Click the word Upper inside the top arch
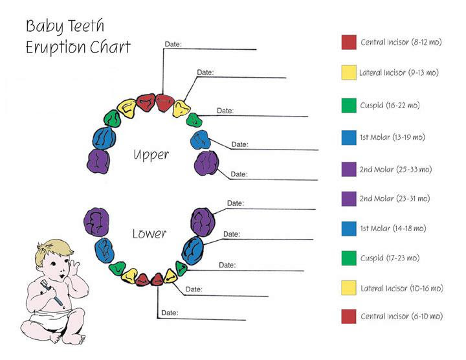(x=151, y=155)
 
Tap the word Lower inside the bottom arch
(x=150, y=234)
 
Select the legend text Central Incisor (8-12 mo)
(x=401, y=42)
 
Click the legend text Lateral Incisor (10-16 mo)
(x=401, y=288)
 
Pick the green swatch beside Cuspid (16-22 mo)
(x=349, y=106)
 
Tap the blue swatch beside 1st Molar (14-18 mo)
(x=349, y=229)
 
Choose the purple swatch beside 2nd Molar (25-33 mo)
(x=349, y=169)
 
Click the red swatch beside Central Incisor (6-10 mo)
(x=349, y=317)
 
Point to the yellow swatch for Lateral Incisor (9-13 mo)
(x=349, y=73)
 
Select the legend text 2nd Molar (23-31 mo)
(x=395, y=198)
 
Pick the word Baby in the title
(x=44, y=26)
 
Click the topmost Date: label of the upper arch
(x=173, y=44)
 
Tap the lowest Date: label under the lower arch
(x=170, y=313)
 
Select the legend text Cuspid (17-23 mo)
(x=390, y=258)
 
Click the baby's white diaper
(x=51, y=320)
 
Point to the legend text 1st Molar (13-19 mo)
(x=392, y=137)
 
